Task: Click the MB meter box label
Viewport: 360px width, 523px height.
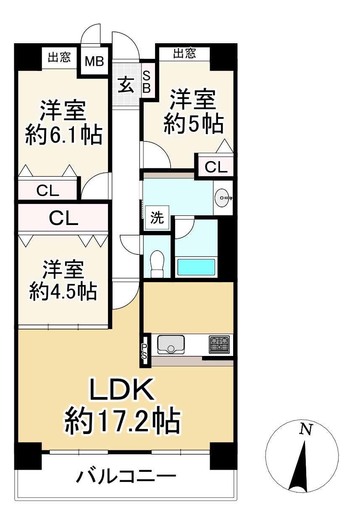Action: tap(94, 62)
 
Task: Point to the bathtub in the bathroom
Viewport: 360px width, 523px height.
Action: tap(196, 267)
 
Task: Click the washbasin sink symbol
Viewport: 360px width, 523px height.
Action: tap(223, 197)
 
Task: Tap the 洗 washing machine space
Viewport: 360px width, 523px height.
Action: tap(157, 218)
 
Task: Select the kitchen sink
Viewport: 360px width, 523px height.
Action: tap(171, 344)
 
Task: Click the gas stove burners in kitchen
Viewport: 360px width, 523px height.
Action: tap(219, 344)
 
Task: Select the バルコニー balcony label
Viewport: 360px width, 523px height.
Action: tap(125, 477)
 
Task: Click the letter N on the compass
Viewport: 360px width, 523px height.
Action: tap(306, 429)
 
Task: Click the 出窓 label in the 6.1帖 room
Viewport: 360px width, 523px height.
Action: tap(59, 57)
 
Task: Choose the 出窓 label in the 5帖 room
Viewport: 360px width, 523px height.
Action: tap(185, 53)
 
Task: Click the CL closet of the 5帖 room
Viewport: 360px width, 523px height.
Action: tap(216, 167)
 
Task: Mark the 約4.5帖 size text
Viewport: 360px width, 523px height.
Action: tap(63, 291)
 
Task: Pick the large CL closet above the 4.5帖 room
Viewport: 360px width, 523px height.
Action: tap(63, 217)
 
